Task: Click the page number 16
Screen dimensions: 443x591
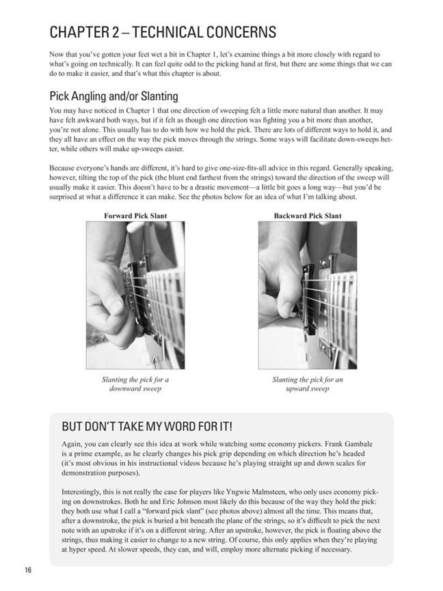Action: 28,570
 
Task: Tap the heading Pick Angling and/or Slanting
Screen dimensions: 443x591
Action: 113,96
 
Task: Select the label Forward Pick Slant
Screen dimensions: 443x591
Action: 135,216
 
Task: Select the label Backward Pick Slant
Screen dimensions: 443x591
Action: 308,216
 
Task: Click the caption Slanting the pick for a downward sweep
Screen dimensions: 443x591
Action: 135,384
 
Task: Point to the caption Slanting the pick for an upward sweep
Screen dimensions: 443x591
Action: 308,384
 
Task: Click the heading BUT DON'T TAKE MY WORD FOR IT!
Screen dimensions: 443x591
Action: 147,427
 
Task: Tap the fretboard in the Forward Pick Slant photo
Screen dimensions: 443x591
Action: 165,302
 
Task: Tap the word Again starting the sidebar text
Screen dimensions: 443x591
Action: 71,445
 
